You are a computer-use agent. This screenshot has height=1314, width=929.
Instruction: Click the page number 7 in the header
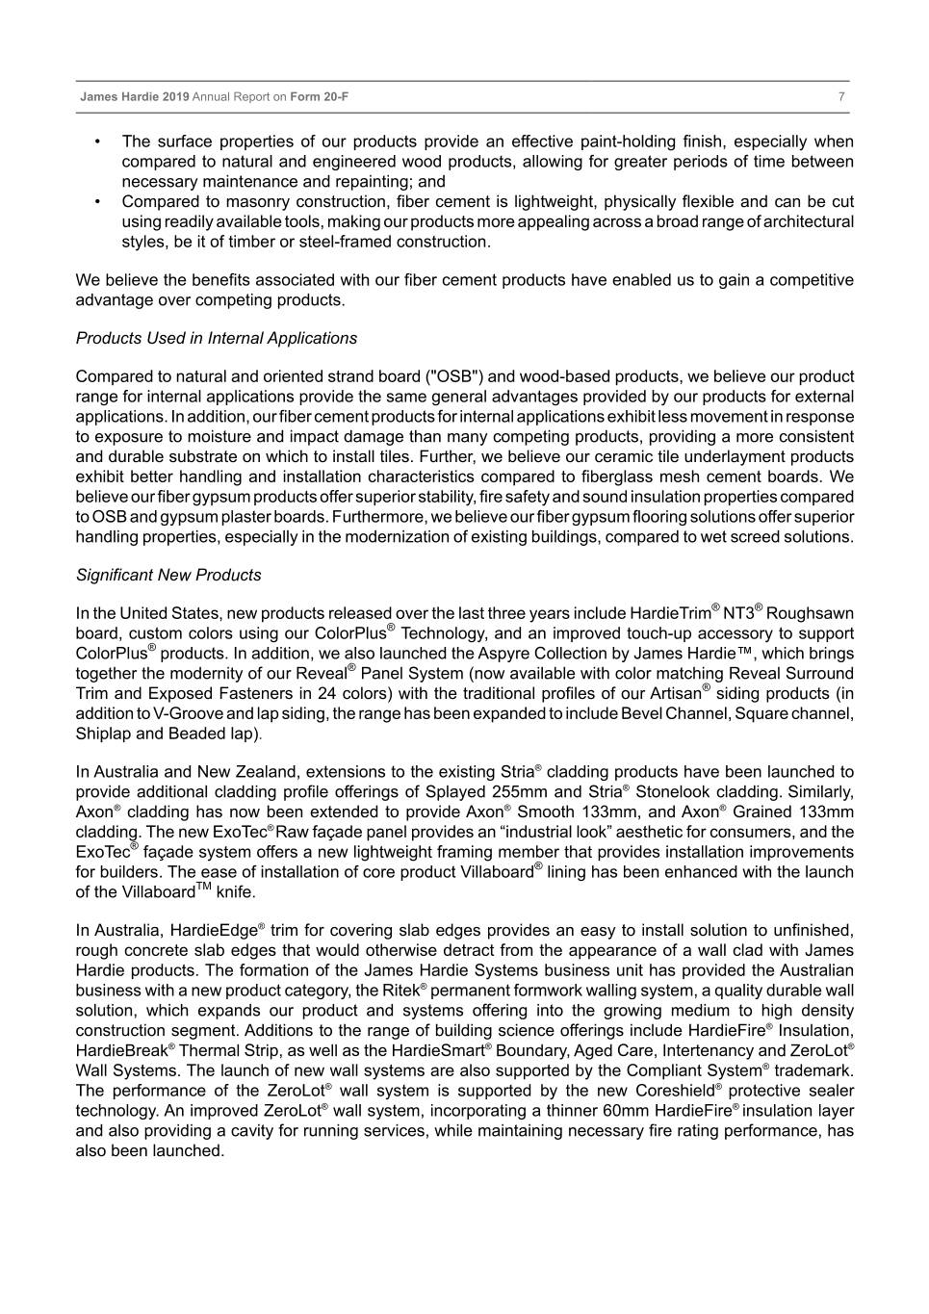click(x=841, y=97)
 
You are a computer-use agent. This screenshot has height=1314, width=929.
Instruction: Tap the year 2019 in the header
click(x=176, y=97)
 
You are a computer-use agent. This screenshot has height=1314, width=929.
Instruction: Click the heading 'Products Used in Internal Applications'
click(x=216, y=338)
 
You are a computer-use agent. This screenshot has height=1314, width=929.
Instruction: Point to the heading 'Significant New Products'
click(x=168, y=575)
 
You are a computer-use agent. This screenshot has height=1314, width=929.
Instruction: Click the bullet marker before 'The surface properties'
click(x=98, y=142)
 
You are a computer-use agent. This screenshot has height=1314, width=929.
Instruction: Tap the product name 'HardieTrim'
click(x=670, y=613)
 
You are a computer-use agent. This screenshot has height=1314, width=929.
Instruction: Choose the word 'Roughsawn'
click(x=810, y=613)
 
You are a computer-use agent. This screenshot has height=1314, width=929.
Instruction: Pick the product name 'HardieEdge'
click(x=214, y=931)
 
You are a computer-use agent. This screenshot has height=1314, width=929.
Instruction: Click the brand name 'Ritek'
click(x=399, y=991)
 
